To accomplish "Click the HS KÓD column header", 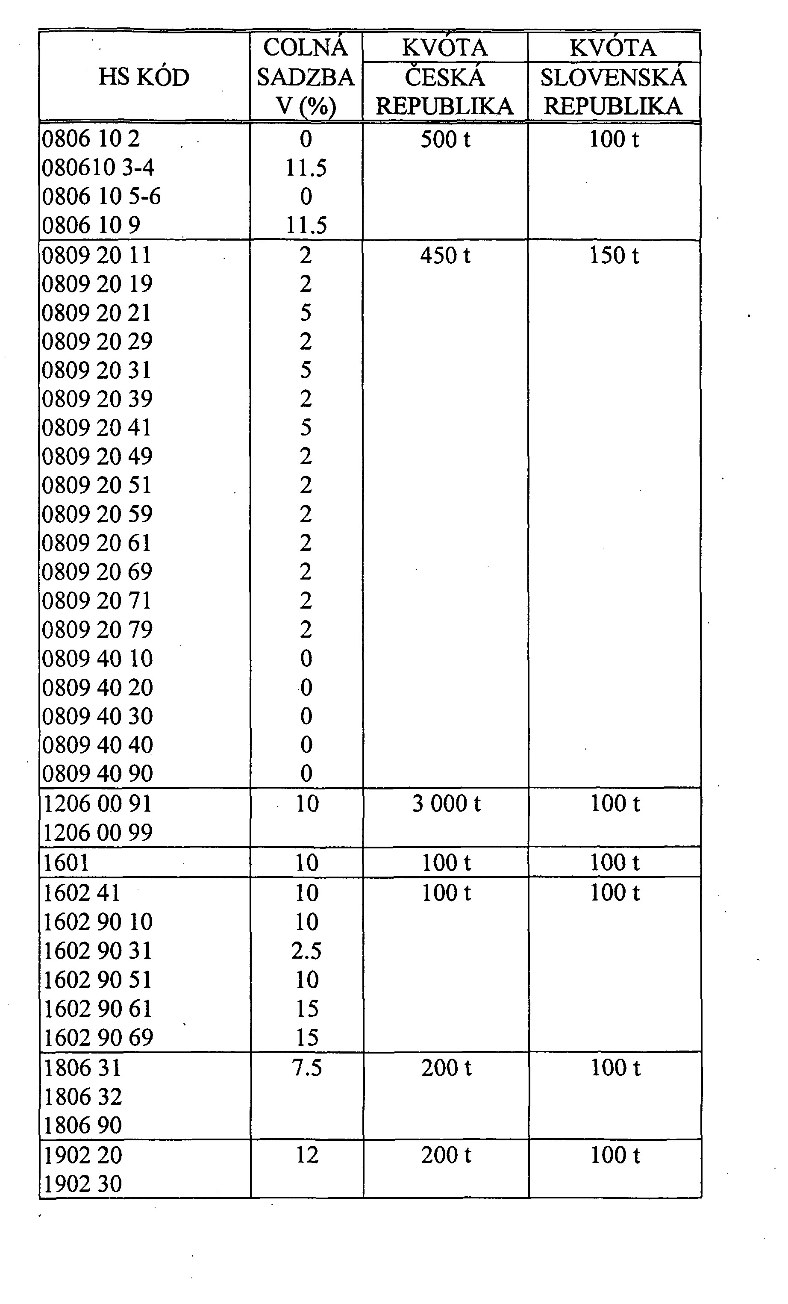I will [144, 77].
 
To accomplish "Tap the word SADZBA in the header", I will [306, 77].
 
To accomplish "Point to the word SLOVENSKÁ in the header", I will [613, 77].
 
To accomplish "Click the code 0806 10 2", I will [91, 139].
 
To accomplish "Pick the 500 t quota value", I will [445, 140].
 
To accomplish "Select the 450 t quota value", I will [445, 256].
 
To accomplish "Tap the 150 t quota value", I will [614, 256].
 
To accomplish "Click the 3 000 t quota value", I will [446, 804].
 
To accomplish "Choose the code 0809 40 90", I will [97, 774].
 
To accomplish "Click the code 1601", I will [66, 862].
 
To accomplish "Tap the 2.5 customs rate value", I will [306, 951].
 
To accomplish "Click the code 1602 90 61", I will [97, 1009].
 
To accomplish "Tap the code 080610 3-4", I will [98, 168].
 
